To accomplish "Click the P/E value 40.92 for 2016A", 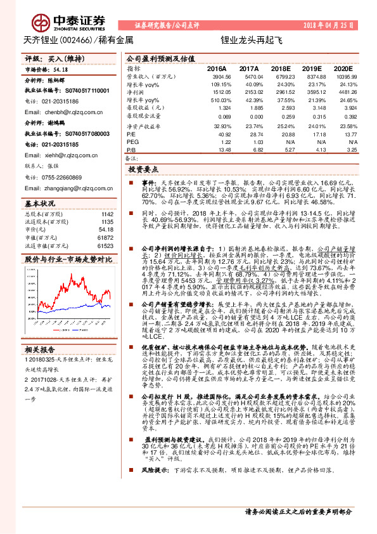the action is point(224,134).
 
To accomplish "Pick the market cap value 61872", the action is point(105,237).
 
